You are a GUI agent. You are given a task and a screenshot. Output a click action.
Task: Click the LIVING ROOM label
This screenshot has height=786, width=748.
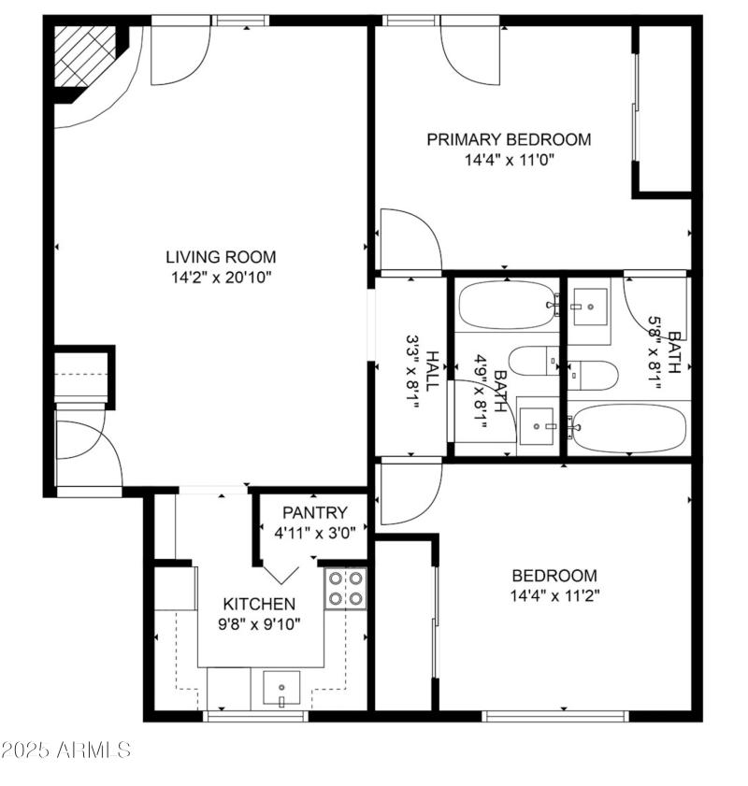[x=221, y=257]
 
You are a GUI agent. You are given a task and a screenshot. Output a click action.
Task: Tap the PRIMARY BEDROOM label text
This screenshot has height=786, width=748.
[x=509, y=140]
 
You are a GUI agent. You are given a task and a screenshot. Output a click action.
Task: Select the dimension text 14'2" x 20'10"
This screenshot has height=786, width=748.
[x=221, y=277]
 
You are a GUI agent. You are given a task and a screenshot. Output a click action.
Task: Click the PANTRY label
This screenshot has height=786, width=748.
[x=315, y=513]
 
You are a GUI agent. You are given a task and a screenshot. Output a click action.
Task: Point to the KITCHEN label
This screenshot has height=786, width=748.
[x=259, y=605]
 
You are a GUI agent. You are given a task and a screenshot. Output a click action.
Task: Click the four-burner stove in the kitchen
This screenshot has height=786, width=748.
[x=345, y=589]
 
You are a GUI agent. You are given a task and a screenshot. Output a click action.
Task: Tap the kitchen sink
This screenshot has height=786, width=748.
[x=280, y=691]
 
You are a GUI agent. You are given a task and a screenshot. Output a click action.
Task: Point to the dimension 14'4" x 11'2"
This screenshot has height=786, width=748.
[x=554, y=595]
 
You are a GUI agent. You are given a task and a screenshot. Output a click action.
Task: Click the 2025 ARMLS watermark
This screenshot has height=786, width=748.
[x=66, y=750]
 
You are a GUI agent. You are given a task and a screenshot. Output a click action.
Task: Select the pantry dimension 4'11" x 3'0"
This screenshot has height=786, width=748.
[x=315, y=533]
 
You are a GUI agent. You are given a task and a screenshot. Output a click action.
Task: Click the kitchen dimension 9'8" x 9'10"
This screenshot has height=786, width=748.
[x=259, y=624]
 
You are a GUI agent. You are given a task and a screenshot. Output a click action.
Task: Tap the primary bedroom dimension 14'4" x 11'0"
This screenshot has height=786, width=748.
[x=509, y=160]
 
